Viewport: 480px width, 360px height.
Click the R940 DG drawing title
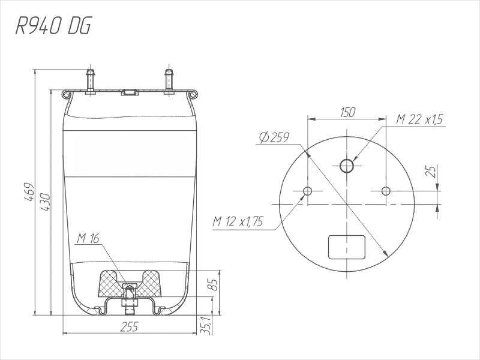53,26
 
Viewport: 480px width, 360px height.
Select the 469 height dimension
29,192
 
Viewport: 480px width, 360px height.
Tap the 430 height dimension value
44,202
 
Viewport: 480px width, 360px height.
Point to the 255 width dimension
129,326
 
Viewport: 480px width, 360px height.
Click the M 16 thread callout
88,238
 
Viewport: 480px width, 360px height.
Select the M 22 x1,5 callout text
419,119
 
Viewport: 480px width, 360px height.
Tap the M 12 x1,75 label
238,221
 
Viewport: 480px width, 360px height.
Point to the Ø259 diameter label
274,137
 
